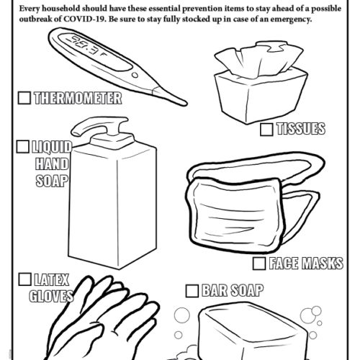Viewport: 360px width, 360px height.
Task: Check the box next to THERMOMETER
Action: click(x=24, y=96)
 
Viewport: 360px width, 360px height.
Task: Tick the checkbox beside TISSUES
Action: click(x=265, y=130)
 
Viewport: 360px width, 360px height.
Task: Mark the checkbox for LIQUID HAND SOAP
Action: click(x=22, y=148)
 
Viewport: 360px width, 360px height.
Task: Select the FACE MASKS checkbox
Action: click(x=258, y=264)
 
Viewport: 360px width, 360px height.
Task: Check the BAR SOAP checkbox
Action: click(x=192, y=291)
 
